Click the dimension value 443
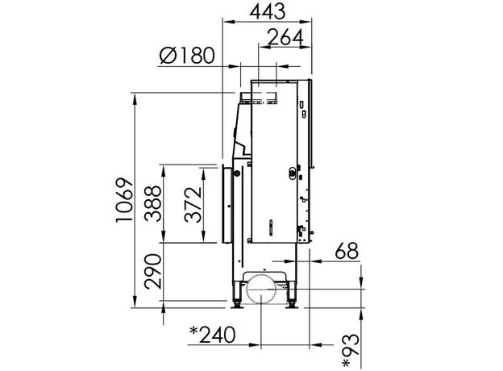pyautogui.click(x=268, y=11)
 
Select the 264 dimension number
pyautogui.click(x=285, y=37)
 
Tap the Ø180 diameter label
pyautogui.click(x=187, y=55)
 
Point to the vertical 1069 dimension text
pyautogui.click(x=124, y=199)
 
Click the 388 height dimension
pyautogui.click(x=152, y=203)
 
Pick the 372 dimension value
pyautogui.click(x=193, y=204)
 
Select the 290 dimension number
pyautogui.click(x=152, y=272)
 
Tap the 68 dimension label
pyautogui.click(x=347, y=251)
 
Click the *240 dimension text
pyautogui.click(x=213, y=335)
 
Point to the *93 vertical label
pyautogui.click(x=351, y=351)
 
